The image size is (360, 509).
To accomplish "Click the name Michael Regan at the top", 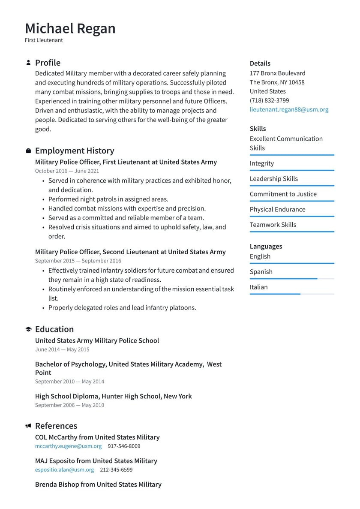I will (70, 29).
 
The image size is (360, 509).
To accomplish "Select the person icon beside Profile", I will (28, 63).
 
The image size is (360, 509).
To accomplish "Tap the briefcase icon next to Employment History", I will (28, 151).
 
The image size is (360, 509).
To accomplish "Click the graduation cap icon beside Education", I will (28, 329).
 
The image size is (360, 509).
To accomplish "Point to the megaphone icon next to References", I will (28, 426).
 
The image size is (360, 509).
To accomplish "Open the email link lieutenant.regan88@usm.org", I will (289, 109).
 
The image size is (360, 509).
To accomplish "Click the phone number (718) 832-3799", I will (269, 100).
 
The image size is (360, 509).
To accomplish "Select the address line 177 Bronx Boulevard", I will (277, 73).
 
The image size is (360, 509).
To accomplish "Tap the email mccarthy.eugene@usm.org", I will (68, 446).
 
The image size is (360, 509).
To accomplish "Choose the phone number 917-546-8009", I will (124, 446).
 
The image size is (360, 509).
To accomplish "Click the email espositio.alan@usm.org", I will (64, 470).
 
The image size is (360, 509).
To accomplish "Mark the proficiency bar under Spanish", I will (291, 279).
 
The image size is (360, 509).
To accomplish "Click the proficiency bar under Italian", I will (291, 294).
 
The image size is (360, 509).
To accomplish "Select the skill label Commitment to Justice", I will (283, 194).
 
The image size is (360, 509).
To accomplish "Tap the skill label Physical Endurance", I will (277, 210).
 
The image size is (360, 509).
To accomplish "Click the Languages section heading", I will (266, 247).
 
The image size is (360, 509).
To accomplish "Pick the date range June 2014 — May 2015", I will (62, 349).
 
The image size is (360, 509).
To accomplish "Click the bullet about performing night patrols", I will (108, 199).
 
